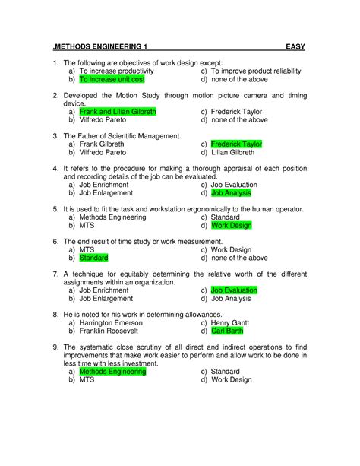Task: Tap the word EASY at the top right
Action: pyautogui.click(x=295, y=47)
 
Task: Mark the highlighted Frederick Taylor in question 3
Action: pyautogui.click(x=236, y=143)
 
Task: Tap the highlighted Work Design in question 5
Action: pyautogui.click(x=231, y=225)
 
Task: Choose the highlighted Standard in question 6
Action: pyautogui.click(x=93, y=258)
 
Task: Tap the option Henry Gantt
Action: pyautogui.click(x=231, y=323)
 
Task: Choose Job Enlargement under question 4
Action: pyautogui.click(x=106, y=193)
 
